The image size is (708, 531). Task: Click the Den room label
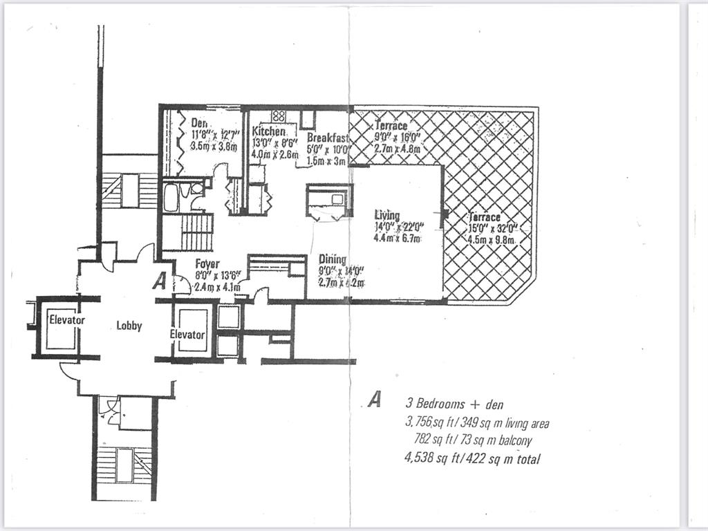(x=200, y=123)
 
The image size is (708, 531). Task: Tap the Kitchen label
(x=268, y=131)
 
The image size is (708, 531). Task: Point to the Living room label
(x=387, y=214)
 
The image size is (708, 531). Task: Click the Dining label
(x=333, y=260)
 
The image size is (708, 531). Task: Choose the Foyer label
(x=207, y=263)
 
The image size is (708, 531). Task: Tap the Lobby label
(x=129, y=325)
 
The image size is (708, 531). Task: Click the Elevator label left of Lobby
(x=67, y=320)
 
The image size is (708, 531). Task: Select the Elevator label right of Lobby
(x=187, y=335)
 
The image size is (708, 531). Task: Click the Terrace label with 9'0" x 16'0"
(x=391, y=126)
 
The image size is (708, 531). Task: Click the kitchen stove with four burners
(x=279, y=115)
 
